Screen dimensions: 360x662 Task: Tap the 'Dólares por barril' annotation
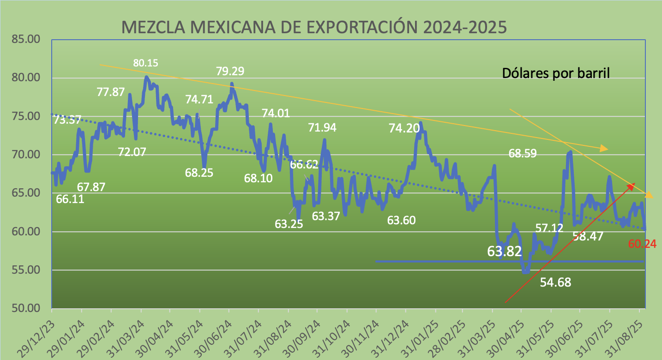coord(556,73)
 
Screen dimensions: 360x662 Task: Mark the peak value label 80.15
coord(146,63)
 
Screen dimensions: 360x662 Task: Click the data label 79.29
coord(230,72)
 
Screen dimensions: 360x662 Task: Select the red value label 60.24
coord(642,244)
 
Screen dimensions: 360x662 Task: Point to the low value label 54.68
coord(555,282)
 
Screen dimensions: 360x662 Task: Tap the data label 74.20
coord(405,129)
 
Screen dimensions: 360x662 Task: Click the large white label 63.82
coord(505,252)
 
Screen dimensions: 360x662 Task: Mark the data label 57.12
coord(549,228)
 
